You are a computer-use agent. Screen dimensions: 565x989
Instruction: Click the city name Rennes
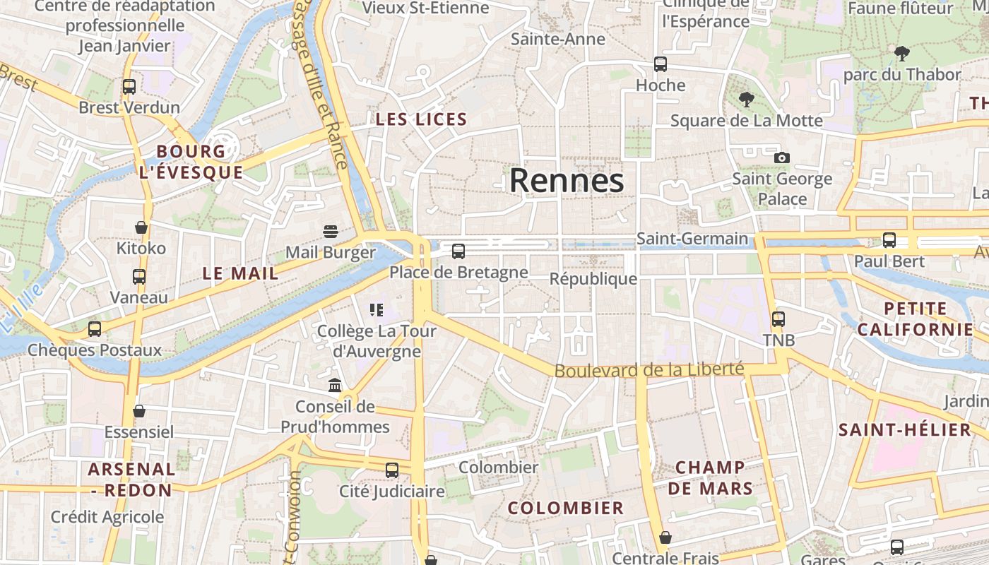coord(567,181)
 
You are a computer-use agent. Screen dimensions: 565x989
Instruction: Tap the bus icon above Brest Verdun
coord(129,87)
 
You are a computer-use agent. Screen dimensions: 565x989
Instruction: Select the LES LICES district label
coord(422,119)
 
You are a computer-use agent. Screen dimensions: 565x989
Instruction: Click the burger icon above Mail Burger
coord(330,231)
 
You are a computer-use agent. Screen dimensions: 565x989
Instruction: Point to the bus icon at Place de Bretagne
coord(458,251)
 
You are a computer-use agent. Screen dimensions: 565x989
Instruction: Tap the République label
coord(593,279)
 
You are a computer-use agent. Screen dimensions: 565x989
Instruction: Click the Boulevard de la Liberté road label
coord(649,369)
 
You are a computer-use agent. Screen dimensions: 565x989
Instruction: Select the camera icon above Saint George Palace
coord(781,157)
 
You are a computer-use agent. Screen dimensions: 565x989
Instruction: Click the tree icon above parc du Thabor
coord(901,53)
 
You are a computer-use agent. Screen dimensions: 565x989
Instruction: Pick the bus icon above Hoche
coord(661,64)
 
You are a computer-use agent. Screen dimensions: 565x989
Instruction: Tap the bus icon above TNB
coord(778,319)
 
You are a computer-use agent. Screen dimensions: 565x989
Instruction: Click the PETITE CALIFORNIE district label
coord(916,319)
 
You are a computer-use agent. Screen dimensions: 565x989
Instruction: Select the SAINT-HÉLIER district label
coord(905,429)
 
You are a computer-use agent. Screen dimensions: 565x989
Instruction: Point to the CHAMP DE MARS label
coord(710,477)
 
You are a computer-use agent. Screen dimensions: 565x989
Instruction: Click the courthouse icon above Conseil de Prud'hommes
coord(335,386)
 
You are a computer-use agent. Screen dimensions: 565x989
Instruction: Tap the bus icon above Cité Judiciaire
coord(392,470)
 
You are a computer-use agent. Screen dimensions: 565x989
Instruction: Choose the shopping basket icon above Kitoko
coord(141,227)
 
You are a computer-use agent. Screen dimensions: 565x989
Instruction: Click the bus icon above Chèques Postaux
coord(95,329)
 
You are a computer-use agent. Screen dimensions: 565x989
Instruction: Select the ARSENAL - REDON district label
coord(132,480)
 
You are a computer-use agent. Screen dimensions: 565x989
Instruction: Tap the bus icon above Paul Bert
coord(889,240)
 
